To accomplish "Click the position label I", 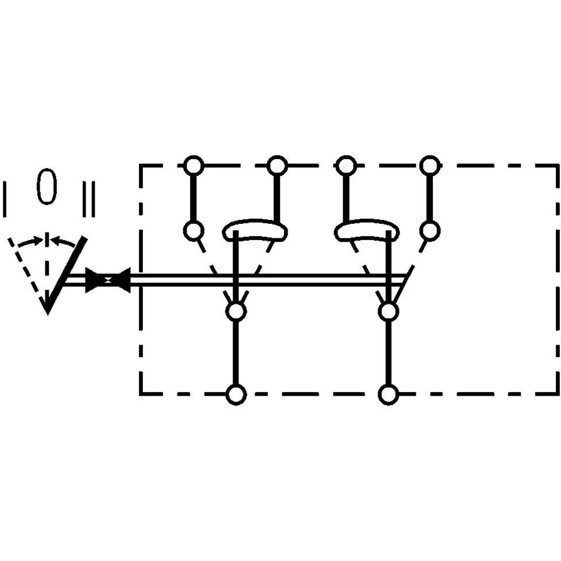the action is point(5,199).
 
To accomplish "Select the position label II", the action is point(89,199).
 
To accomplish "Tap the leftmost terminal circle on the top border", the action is point(194,165).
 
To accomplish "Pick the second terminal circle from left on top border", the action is point(277,165).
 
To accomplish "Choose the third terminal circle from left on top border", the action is point(346,165).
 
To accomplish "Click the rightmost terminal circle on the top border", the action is point(430,165).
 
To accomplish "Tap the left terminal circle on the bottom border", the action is point(236,394).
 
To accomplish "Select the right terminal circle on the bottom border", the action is point(389,394).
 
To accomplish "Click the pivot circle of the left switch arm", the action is point(236,312).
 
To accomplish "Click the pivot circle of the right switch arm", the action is point(389,312).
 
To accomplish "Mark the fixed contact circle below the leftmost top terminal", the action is point(194,230).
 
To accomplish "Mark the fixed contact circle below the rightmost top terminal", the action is point(430,230).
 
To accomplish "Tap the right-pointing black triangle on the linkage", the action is point(94,280).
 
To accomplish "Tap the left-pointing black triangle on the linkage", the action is point(121,280).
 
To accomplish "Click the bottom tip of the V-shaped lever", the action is point(48,314).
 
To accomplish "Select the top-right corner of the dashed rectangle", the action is point(558,165).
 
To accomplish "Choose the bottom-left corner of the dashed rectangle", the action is point(141,394).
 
